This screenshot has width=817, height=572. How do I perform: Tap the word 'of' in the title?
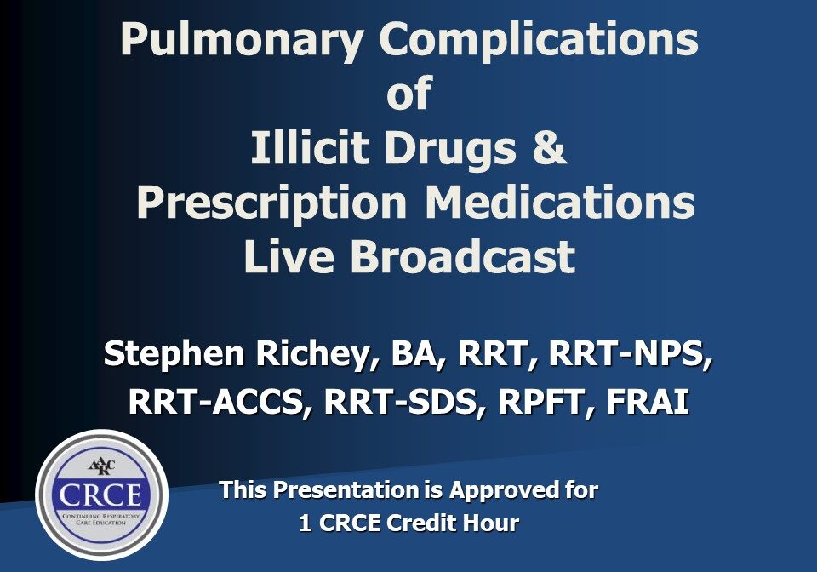pyautogui.click(x=409, y=93)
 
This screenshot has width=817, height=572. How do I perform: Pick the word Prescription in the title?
pyautogui.click(x=271, y=203)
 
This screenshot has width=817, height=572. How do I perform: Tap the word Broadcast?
pyautogui.click(x=463, y=256)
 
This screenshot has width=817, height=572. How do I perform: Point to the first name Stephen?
pyautogui.click(x=174, y=355)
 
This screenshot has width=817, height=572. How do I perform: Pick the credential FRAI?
pyautogui.click(x=647, y=402)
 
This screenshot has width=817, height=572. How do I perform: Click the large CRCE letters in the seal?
pyautogui.click(x=100, y=495)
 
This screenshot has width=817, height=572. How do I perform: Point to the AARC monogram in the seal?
pyautogui.click(x=101, y=466)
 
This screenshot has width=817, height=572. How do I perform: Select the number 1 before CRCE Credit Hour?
pyautogui.click(x=306, y=523)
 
